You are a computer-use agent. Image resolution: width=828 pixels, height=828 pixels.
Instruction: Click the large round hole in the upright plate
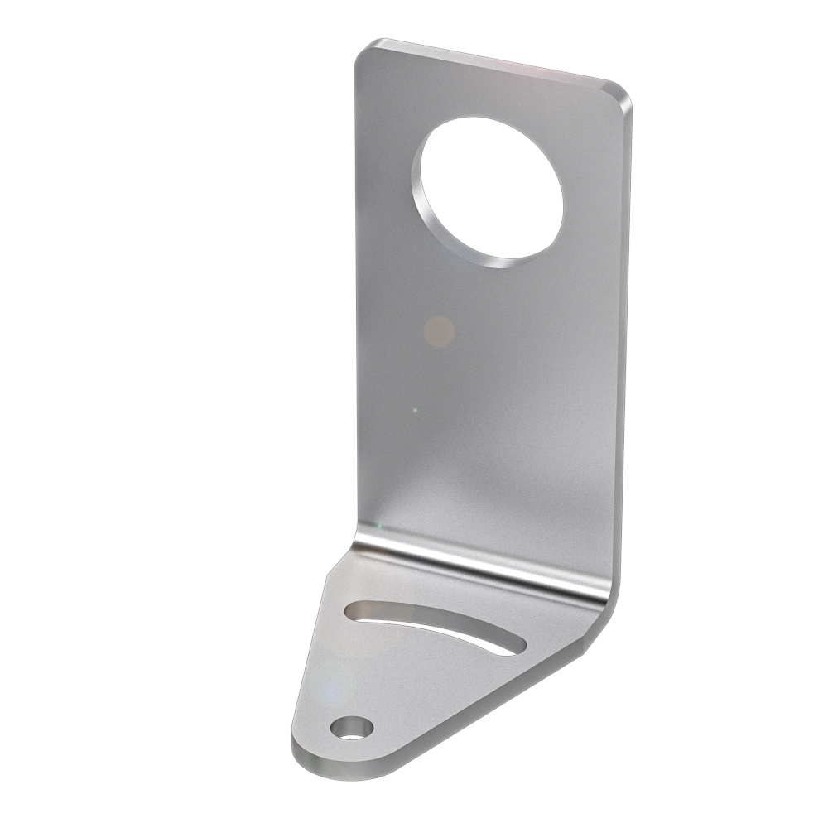(492, 186)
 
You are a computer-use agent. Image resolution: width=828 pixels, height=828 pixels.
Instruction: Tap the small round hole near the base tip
(351, 728)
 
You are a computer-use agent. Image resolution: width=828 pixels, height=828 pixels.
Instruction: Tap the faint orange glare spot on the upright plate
(439, 331)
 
